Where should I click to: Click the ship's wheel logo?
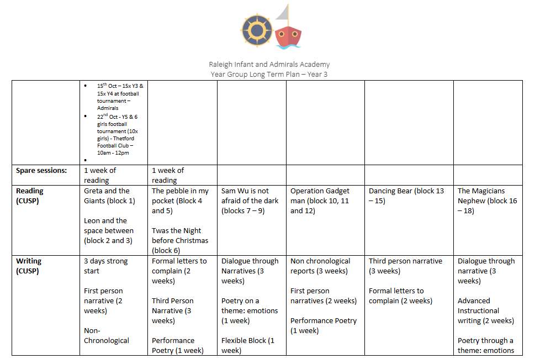click(257, 27)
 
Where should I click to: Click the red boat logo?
click(288, 34)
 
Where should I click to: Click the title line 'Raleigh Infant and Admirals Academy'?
click(269, 65)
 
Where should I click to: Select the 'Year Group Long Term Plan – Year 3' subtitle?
click(269, 74)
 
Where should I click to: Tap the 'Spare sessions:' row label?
click(41, 170)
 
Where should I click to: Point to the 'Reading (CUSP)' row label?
click(30, 196)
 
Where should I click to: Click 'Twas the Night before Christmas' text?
click(180, 235)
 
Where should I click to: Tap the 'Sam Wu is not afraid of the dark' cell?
click(250, 201)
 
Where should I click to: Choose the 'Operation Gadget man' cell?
click(320, 201)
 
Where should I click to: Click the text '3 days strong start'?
click(105, 266)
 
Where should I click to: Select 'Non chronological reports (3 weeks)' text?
click(320, 266)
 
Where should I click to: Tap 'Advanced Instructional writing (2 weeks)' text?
click(485, 310)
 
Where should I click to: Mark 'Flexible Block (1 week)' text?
click(248, 345)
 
